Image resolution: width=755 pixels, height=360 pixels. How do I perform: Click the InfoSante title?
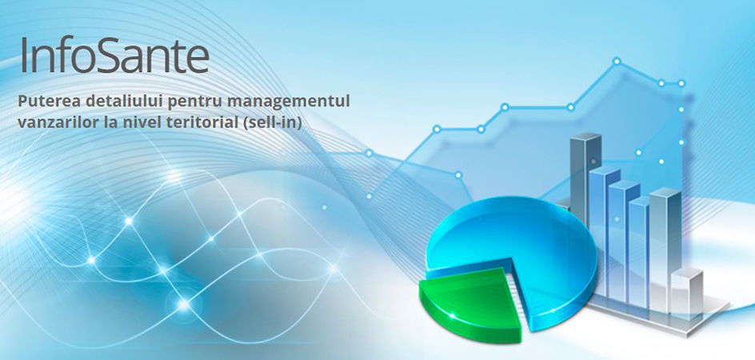[x=114, y=54]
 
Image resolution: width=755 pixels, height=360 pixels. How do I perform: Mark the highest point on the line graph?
[x=617, y=61]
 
